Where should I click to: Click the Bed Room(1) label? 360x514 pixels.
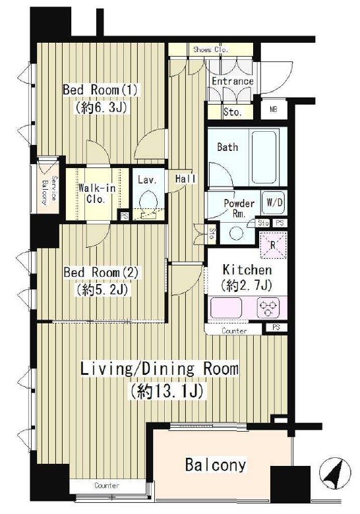(100, 90)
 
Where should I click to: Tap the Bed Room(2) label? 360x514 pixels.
(101, 272)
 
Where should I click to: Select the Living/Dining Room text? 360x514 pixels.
(160, 369)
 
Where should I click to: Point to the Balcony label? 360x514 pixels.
(216, 465)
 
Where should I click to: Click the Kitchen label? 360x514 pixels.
(247, 270)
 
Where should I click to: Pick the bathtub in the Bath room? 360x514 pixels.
(264, 158)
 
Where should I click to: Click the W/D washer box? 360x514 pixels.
(274, 202)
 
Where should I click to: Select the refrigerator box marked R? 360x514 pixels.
(273, 245)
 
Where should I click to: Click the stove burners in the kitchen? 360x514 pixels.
(268, 308)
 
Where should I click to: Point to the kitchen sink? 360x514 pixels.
(226, 308)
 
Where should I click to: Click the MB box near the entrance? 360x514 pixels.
(274, 109)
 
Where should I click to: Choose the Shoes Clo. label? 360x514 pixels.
(210, 49)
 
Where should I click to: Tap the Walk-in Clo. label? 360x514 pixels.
(96, 194)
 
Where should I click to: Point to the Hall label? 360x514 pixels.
(185, 179)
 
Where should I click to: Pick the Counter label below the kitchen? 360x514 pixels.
(234, 331)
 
